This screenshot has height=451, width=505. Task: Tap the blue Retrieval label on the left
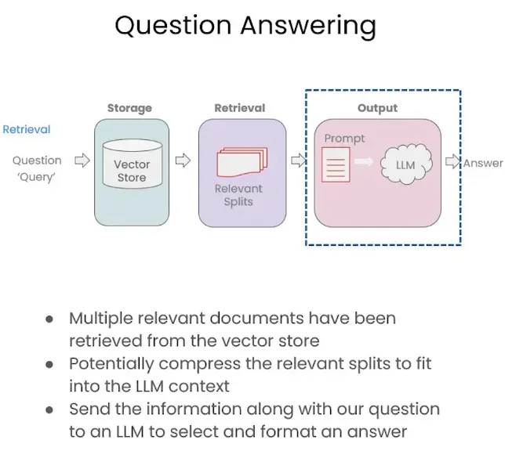[27, 129]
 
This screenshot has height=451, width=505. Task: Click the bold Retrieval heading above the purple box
[240, 108]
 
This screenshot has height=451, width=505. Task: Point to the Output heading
[377, 108]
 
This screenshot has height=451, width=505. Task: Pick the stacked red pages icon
[242, 163]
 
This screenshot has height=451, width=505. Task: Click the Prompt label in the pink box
[344, 139]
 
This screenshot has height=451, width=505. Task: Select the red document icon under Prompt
[336, 166]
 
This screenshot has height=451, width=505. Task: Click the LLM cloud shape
[405, 165]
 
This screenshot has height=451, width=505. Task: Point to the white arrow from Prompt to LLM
[363, 162]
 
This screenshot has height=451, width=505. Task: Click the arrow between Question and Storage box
[82, 161]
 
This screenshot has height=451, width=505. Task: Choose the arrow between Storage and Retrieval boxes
[183, 161]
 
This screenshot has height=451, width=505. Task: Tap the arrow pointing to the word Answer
[453, 162]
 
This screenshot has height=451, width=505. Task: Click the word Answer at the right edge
[483, 163]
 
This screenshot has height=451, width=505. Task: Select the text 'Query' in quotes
[37, 177]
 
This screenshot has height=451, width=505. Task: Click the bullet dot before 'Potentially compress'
[50, 365]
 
